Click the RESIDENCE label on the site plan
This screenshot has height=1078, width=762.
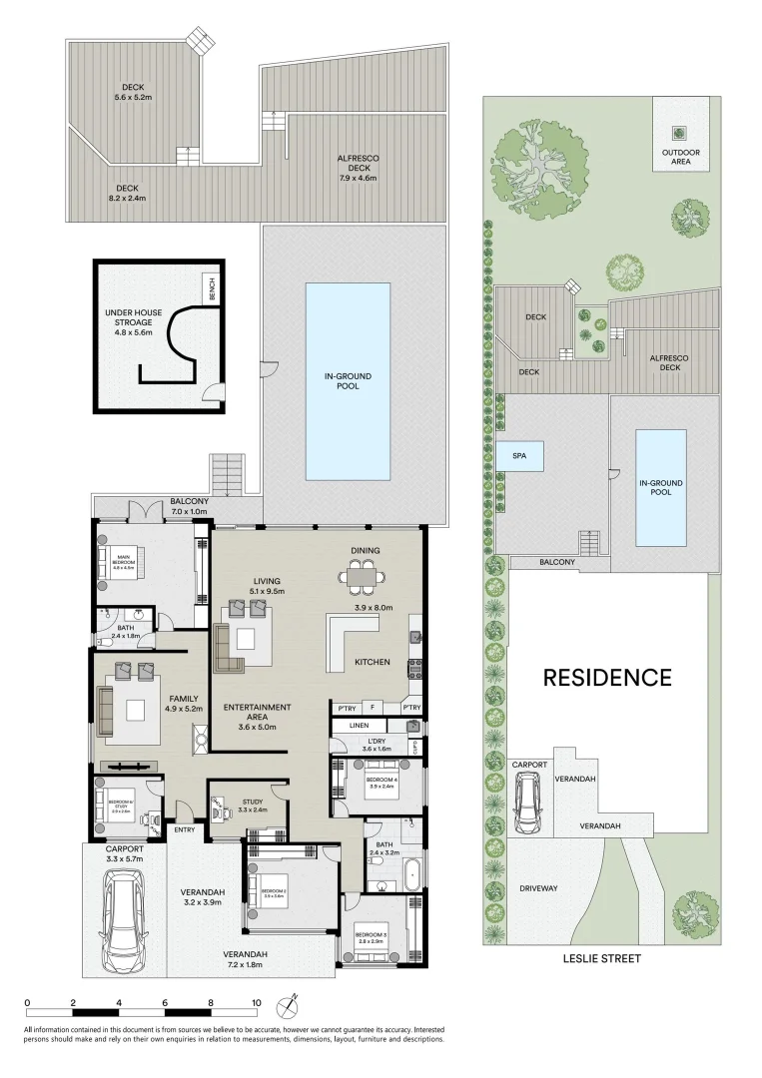(606, 678)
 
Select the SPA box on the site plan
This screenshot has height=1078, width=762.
(519, 456)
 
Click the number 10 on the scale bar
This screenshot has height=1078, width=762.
(257, 1002)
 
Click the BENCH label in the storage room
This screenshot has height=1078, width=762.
(211, 288)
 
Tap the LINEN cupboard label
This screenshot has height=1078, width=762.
(361, 725)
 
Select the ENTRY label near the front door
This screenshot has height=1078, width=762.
(185, 828)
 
